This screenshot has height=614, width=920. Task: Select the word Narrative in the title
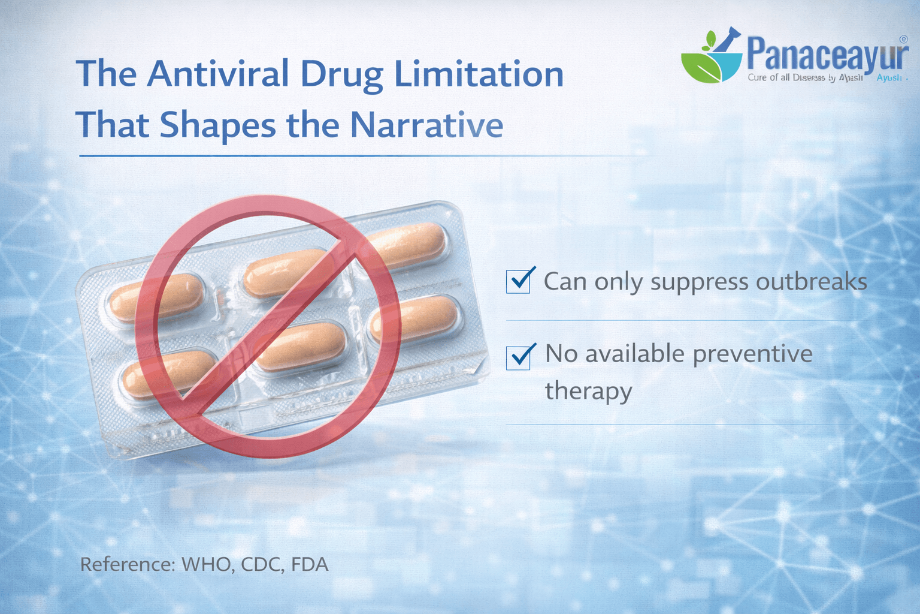coord(426,125)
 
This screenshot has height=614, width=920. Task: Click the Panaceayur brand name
coord(827,54)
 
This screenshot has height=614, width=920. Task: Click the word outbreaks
coord(812,281)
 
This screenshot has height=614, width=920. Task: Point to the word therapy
coord(588,392)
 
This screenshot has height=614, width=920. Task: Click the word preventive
coord(752,354)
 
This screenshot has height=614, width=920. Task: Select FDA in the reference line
coord(310,565)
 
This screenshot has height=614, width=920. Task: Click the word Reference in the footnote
coord(127,565)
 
